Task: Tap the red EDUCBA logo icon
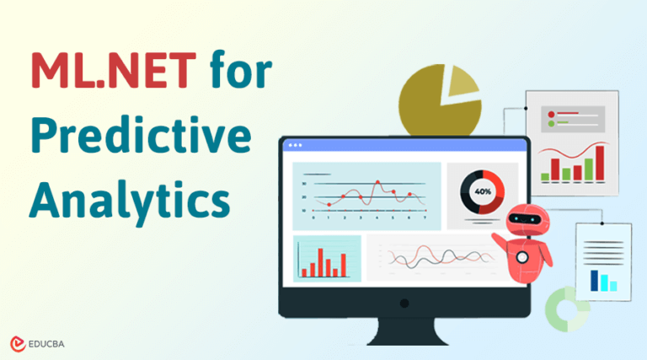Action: coord(19,343)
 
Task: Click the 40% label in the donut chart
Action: coord(483,191)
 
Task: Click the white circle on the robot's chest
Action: coord(523,256)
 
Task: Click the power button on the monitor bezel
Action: coord(404,303)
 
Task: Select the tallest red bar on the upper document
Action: coord(600,163)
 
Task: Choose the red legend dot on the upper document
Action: coord(552,113)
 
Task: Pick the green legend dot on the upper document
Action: coord(552,125)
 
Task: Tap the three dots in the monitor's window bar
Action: coord(295,146)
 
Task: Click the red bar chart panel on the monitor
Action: coord(327,257)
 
